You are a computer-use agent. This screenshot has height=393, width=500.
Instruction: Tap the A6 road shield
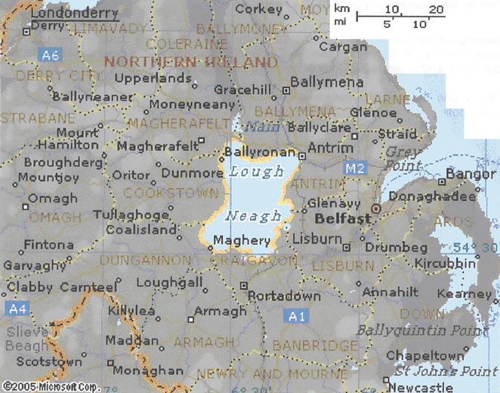point(50,55)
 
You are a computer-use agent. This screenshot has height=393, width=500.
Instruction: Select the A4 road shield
point(17,308)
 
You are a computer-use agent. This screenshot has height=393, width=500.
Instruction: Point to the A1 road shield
point(298,316)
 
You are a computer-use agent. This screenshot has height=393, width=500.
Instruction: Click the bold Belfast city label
point(343,218)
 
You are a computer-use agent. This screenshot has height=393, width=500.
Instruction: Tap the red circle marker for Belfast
point(376,209)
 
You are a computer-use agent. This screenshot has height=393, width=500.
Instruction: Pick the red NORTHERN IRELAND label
point(190,61)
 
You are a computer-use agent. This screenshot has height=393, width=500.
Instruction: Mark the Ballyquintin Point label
point(412,331)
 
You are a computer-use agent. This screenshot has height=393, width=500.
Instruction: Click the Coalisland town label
point(140,230)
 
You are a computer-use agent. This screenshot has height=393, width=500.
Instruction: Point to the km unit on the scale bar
point(341,9)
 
